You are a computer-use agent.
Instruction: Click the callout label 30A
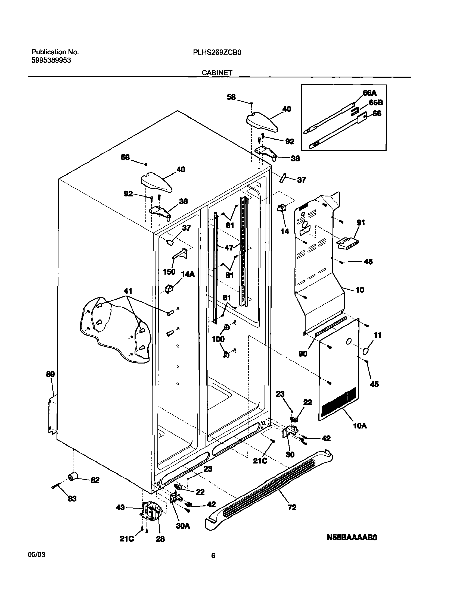click(x=183, y=526)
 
